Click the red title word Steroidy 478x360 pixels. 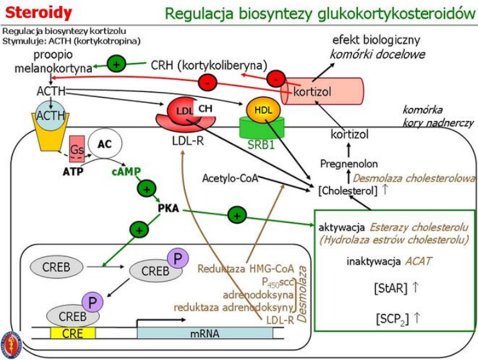pos(39,12)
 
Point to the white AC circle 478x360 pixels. pos(104,143)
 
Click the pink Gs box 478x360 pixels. pos(76,148)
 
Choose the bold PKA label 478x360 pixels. pos(168,209)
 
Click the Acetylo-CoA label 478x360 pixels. pos(230,178)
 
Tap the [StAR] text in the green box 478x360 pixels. pos(390,288)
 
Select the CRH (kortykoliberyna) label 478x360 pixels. pos(208,65)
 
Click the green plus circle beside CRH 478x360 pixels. pos(116,64)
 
